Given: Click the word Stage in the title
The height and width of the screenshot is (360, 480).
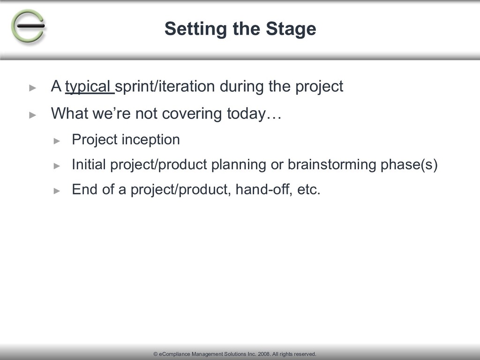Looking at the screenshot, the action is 291,29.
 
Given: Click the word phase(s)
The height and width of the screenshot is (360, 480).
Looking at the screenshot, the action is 409,165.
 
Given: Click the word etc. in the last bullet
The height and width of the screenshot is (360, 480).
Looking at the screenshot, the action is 308,189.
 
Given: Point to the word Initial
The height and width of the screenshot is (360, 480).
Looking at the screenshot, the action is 89,165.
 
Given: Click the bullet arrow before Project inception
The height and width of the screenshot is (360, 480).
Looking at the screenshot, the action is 57,141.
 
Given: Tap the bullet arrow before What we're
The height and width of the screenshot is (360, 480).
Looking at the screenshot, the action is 33,115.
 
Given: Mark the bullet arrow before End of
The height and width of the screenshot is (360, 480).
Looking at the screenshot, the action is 57,191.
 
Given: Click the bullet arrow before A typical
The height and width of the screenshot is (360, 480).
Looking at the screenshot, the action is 33,88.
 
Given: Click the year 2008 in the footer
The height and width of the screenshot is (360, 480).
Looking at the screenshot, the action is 264,354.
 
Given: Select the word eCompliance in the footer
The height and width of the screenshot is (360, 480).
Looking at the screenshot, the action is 175,354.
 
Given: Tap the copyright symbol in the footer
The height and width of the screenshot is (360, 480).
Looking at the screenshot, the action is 156,354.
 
